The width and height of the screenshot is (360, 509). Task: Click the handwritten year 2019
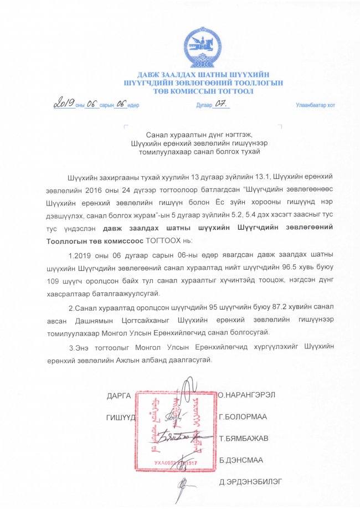64,104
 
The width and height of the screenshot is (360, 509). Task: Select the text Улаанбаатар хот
314,105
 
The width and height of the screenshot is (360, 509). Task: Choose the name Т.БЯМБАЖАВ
244,438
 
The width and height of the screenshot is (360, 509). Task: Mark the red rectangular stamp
173,430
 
